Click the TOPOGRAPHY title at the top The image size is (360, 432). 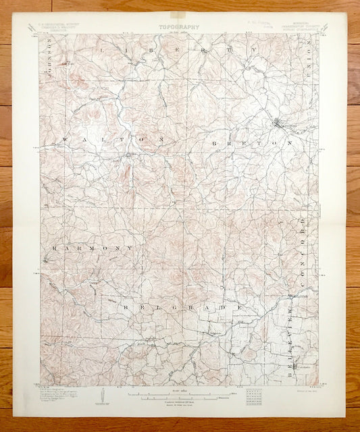(180, 28)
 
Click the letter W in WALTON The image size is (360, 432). (65, 138)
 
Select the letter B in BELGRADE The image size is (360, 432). (126, 306)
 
